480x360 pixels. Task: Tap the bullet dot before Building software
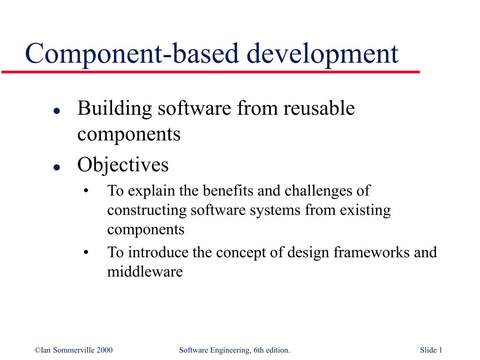(56, 111)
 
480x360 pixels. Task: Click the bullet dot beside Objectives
(56, 167)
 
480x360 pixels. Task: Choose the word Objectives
(123, 165)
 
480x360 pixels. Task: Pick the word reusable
(320, 109)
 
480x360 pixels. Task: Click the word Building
(115, 109)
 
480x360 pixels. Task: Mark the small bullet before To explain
(86, 191)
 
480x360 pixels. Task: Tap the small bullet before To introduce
(86, 253)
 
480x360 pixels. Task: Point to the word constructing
(147, 210)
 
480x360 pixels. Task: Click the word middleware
(144, 272)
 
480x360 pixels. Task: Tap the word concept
(237, 253)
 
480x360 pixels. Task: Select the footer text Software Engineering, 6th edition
(234, 350)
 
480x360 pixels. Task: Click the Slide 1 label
(431, 350)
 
